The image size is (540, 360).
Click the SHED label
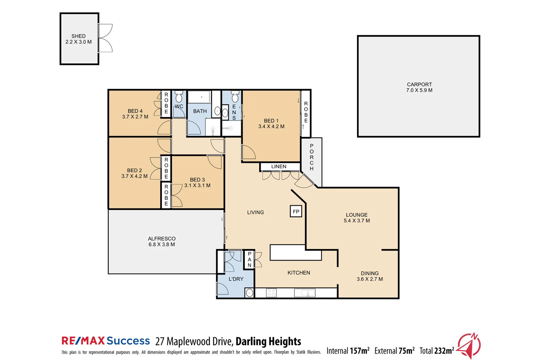pyautogui.click(x=78, y=36)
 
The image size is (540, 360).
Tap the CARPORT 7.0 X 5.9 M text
pyautogui.click(x=419, y=90)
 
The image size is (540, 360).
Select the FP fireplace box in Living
pyautogui.click(x=296, y=212)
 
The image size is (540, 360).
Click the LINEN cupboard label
pyautogui.click(x=278, y=167)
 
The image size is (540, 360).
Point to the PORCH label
pyautogui.click(x=311, y=157)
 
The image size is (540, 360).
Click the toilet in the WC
pyautogui.click(x=179, y=97)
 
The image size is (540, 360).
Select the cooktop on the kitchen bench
pyautogui.click(x=271, y=293)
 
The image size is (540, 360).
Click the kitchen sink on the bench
pyautogui.click(x=305, y=293)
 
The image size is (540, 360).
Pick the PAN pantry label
pyautogui.click(x=249, y=260)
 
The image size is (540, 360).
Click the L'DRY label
pyautogui.click(x=236, y=279)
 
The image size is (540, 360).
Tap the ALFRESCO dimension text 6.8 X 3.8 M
pyautogui.click(x=162, y=244)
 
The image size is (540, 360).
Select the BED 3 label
pyautogui.click(x=197, y=180)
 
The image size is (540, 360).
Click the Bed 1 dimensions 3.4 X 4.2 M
pyautogui.click(x=271, y=127)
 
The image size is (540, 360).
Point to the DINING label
pyautogui.click(x=369, y=273)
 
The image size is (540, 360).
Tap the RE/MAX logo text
pyautogui.click(x=83, y=341)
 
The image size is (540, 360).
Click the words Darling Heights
pyautogui.click(x=268, y=341)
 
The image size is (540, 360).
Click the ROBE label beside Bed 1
pyautogui.click(x=306, y=112)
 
